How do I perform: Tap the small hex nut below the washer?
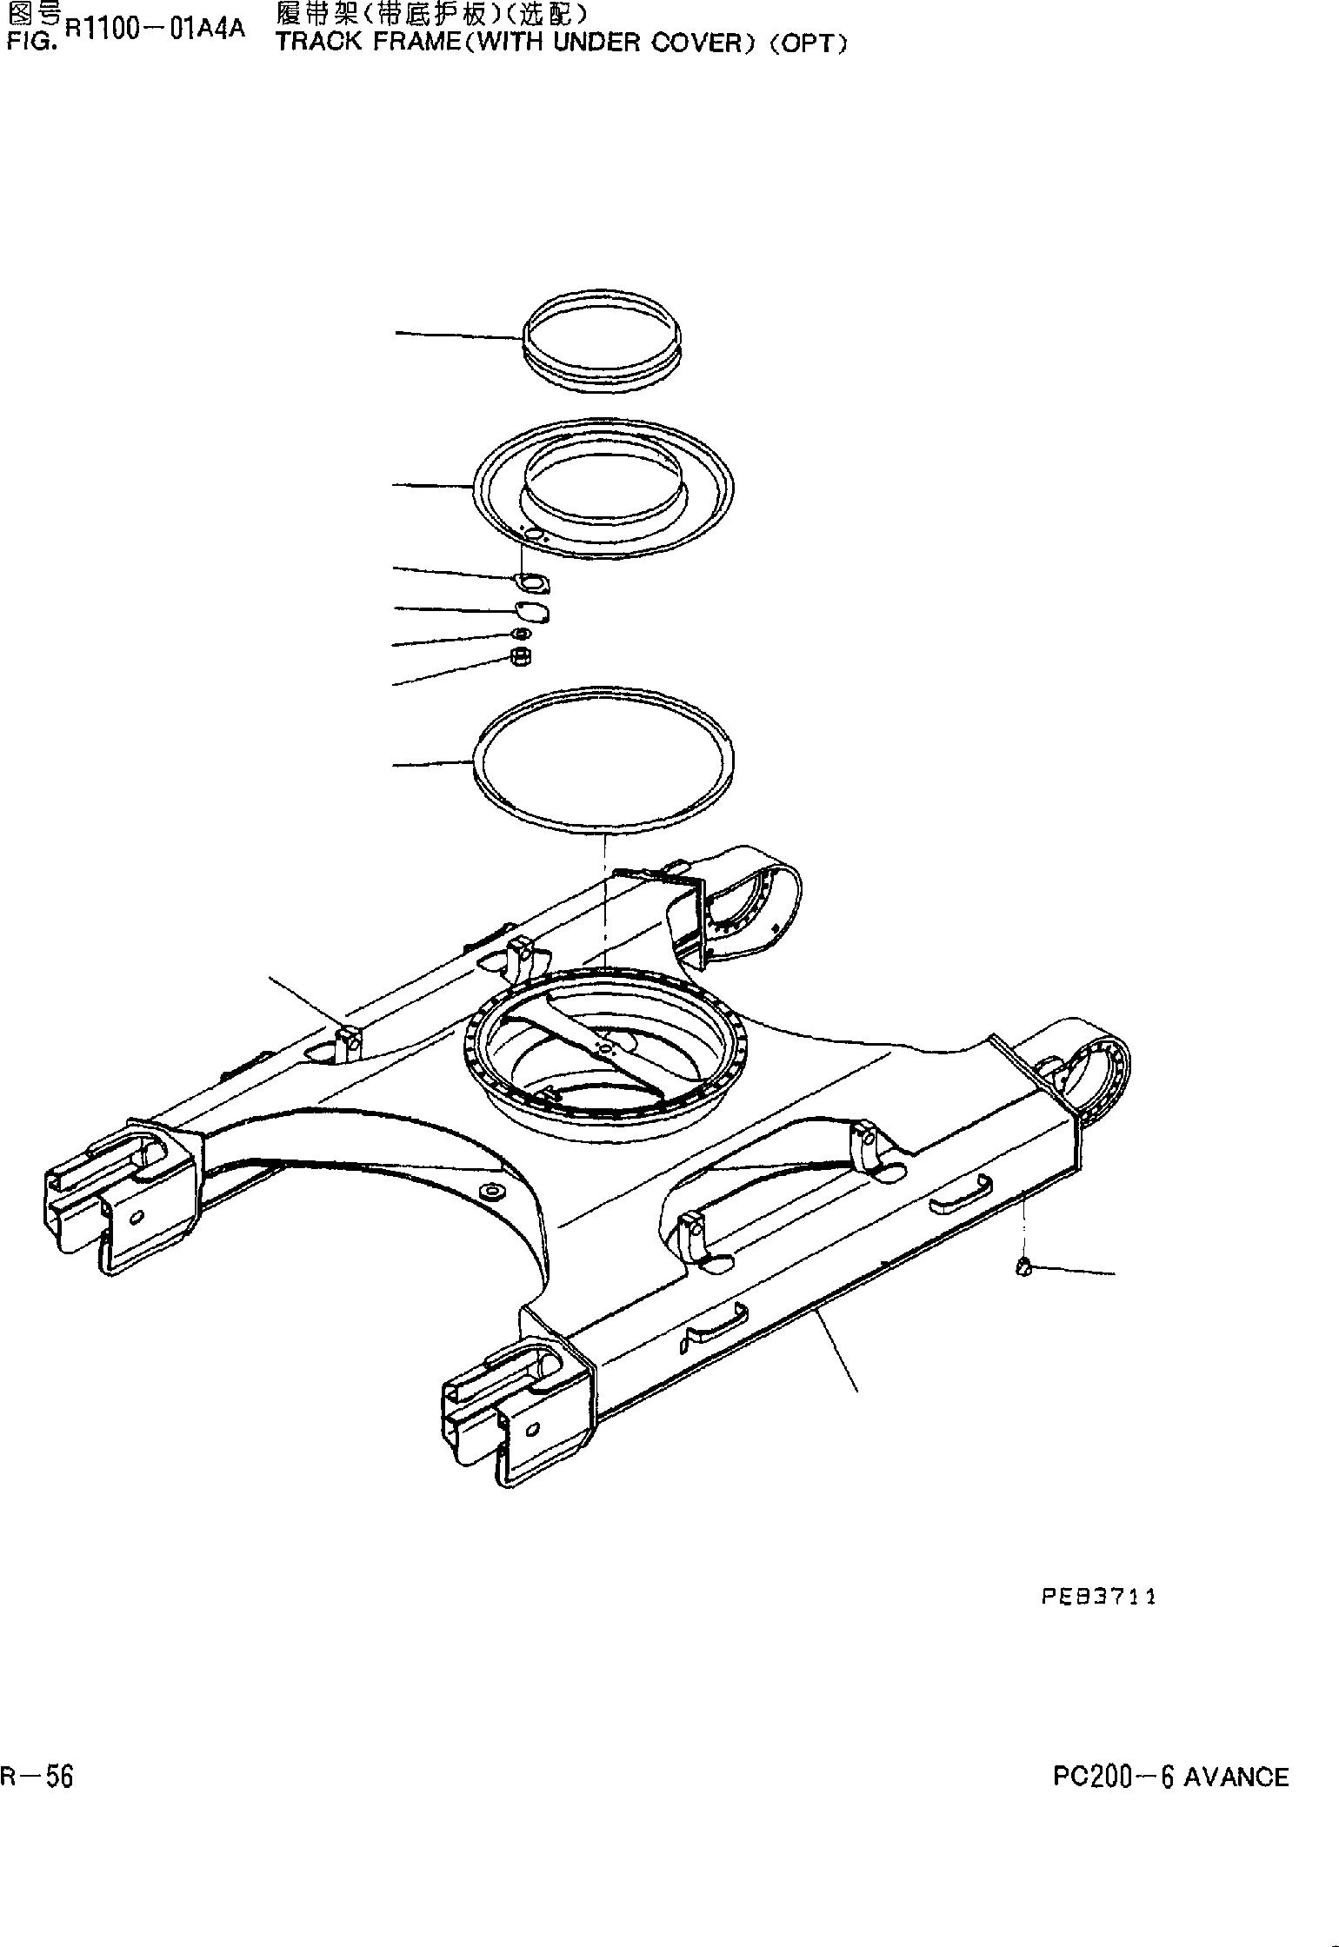(x=520, y=658)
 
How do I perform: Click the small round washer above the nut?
(x=521, y=634)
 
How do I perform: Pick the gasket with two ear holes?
(x=530, y=582)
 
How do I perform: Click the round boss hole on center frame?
(x=494, y=1190)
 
